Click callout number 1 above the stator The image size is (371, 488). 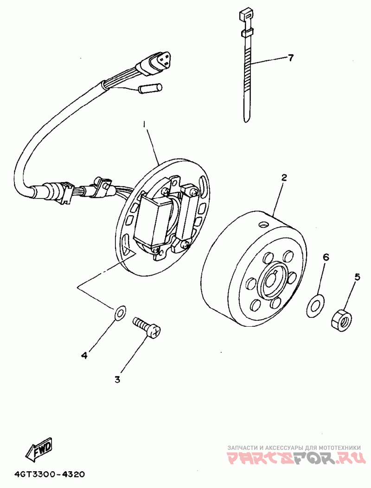click(145, 125)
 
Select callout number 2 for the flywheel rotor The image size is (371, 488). click(284, 178)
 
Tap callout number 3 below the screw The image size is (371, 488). click(117, 380)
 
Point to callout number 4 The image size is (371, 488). click(84, 356)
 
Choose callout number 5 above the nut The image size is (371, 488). click(357, 277)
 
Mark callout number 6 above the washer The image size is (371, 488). click(326, 257)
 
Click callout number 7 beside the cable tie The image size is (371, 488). click(290, 58)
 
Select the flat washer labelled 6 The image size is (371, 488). click(315, 305)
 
